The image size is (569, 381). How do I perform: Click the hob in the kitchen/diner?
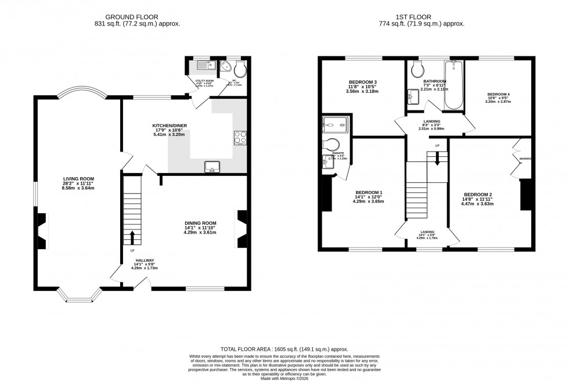coord(240,138)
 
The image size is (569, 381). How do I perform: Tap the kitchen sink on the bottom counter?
coord(211,167)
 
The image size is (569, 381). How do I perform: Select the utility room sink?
coord(210,66)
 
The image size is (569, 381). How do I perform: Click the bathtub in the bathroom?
coord(453,87)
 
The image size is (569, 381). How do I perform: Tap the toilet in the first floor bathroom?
coord(416,70)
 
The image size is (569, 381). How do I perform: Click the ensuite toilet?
coord(333,145)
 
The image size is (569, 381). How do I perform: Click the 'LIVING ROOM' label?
coord(79,179)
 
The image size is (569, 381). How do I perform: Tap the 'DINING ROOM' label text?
coord(200,223)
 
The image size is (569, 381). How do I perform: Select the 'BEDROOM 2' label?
coord(478,195)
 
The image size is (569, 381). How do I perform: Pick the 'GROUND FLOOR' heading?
coord(137,16)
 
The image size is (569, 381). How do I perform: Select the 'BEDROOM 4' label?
coord(498,94)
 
